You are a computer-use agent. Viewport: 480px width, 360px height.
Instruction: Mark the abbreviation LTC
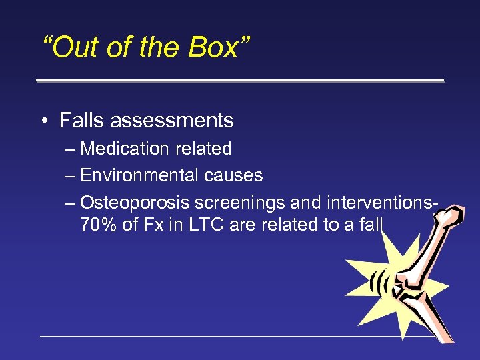point(201,225)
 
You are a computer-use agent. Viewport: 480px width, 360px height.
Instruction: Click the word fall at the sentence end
point(369,225)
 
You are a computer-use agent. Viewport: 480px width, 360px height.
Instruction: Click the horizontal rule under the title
point(240,81)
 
